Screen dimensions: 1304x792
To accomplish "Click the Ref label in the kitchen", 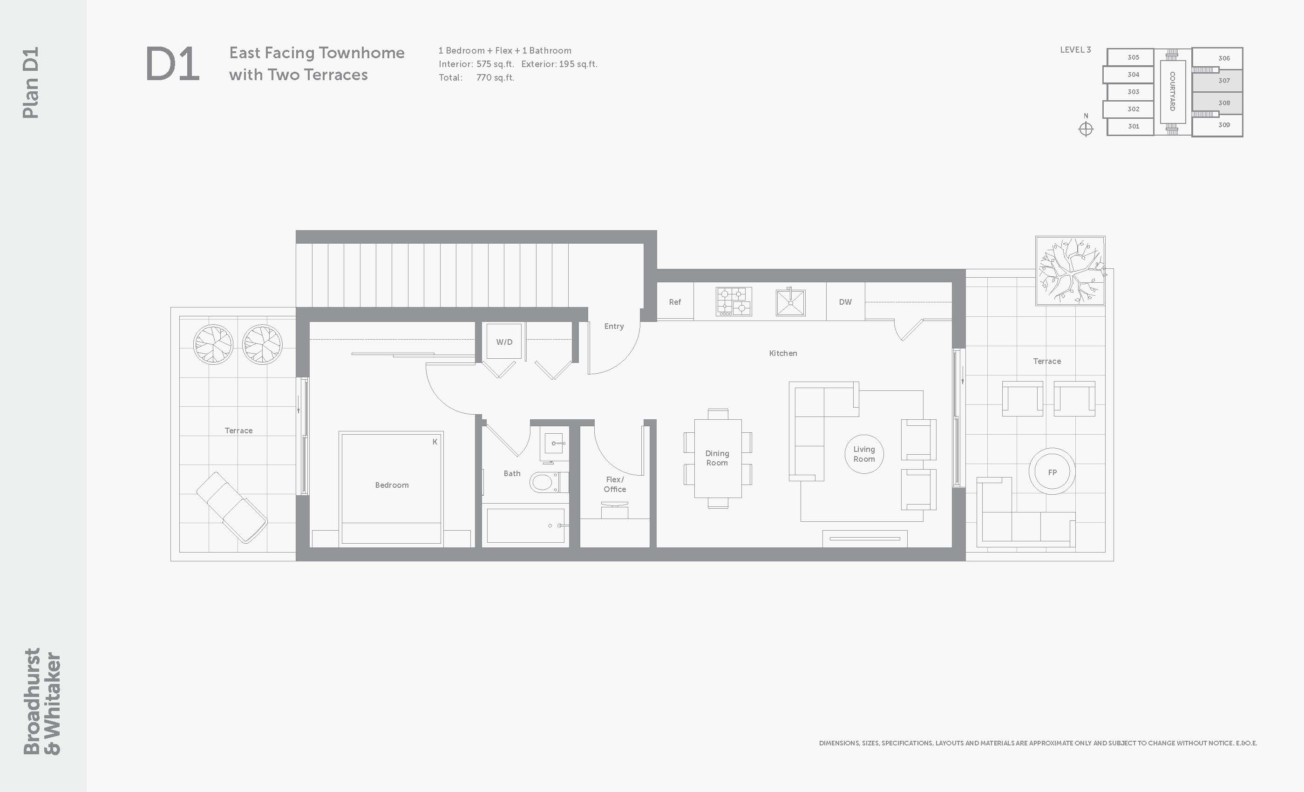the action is click(675, 302).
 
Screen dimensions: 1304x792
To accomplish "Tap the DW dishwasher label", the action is click(845, 302).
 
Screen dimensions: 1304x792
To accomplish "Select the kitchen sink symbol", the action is click(791, 302).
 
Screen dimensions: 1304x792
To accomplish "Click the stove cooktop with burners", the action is click(733, 302).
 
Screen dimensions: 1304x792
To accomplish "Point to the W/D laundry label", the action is click(504, 342).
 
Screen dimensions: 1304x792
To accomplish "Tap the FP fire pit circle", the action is click(1052, 471).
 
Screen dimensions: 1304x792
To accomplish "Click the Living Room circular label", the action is click(864, 454).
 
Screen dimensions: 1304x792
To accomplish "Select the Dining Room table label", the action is click(717, 458).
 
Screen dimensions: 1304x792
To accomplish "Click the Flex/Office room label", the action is click(615, 485).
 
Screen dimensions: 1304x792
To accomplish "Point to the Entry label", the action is click(614, 326).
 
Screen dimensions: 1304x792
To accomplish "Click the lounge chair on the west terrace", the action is click(232, 507).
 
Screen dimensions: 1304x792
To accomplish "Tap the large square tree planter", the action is click(1070, 271).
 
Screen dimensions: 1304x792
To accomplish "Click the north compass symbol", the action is click(1086, 129).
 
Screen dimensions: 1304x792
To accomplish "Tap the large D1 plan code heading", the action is click(172, 64).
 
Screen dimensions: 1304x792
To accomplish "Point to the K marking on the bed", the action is click(435, 442).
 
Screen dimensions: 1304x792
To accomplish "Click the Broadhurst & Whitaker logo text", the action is click(42, 701).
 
